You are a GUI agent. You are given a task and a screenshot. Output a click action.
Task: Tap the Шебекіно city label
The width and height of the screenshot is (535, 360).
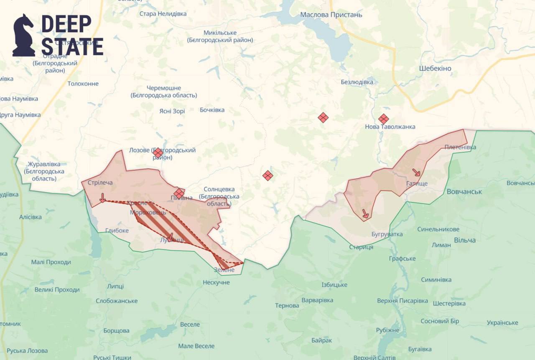pos(435,68)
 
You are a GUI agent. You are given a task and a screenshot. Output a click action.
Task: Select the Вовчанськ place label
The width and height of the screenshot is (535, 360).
pos(464,192)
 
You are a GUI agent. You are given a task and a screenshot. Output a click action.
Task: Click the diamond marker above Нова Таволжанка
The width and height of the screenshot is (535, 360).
pos(383,119)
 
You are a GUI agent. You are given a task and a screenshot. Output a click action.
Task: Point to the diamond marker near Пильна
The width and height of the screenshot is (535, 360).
pos(179,193)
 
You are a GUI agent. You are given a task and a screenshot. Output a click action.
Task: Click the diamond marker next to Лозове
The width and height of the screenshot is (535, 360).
pos(158,153)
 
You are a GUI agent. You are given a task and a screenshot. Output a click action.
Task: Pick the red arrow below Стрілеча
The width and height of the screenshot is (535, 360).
pos(102,198)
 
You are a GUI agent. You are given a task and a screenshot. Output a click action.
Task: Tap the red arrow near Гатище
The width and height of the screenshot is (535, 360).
pos(416,172)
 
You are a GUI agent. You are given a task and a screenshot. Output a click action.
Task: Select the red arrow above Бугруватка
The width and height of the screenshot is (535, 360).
pos(365,214)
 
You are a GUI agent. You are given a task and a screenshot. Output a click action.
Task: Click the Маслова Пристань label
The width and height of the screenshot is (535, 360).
pos(331,15)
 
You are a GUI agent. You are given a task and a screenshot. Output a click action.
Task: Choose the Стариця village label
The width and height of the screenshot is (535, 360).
pos(361,247)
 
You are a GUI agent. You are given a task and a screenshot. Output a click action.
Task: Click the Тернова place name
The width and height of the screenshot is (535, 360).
pos(287,306)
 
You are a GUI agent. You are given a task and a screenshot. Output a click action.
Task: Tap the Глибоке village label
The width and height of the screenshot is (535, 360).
pos(117,230)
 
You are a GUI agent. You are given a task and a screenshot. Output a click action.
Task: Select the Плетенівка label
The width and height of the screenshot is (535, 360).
pos(460,147)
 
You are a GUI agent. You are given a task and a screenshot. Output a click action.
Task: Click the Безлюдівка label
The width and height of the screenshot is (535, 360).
pos(357,82)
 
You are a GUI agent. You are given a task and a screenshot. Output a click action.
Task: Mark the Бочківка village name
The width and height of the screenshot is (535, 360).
pos(212,110)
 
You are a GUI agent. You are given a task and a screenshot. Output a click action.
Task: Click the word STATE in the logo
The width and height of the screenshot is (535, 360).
pos(72,47)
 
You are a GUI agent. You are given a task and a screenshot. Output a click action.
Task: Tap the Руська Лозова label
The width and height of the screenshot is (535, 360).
pos(27,351)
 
